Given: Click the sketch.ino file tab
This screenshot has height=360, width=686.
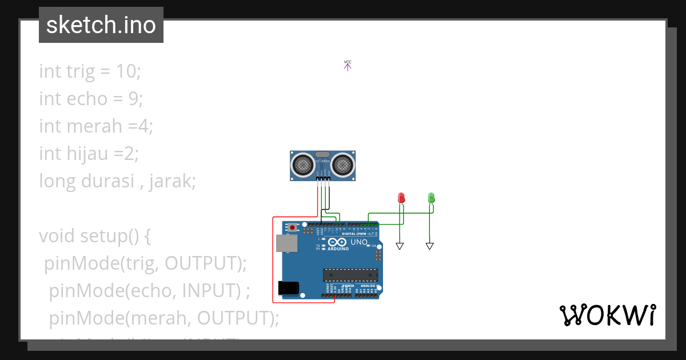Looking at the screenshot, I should pyautogui.click(x=101, y=25).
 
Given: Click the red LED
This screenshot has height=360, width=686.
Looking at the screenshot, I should pyautogui.click(x=401, y=198).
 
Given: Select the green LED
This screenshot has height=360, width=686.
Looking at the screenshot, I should pyautogui.click(x=432, y=198).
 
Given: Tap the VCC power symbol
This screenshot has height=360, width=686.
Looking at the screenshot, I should pyautogui.click(x=348, y=65).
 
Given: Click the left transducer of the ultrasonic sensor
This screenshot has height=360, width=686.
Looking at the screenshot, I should pyautogui.click(x=303, y=165).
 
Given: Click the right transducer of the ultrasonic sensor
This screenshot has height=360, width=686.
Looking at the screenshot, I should pyautogui.click(x=343, y=165).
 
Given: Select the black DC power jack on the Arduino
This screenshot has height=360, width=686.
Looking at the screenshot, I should pyautogui.click(x=288, y=287).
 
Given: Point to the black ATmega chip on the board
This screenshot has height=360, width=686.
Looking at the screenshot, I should pyautogui.click(x=350, y=275).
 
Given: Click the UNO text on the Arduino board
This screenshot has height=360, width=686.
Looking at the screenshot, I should pyautogui.click(x=358, y=242).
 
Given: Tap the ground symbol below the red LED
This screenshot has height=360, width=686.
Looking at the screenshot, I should pyautogui.click(x=400, y=246).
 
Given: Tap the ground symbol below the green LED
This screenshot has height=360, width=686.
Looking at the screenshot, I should pyautogui.click(x=429, y=246).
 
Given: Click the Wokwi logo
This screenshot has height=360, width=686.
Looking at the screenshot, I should pyautogui.click(x=607, y=315).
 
